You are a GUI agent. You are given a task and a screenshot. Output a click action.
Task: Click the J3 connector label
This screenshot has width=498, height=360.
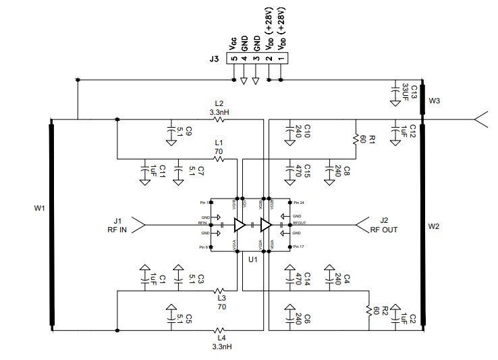pyautogui.click(x=215, y=59)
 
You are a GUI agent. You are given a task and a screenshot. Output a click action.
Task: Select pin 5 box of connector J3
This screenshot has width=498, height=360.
pyautogui.click(x=233, y=59)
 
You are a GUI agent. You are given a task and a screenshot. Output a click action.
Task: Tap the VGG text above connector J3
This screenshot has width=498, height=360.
pyautogui.click(x=233, y=46)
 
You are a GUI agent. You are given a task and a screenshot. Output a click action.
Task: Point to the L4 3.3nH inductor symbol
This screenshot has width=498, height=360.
pyautogui.click(x=219, y=331)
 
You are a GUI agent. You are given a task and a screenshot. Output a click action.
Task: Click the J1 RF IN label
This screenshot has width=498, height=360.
pyautogui.click(x=117, y=224)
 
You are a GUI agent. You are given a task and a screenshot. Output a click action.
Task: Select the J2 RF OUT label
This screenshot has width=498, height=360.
pyautogui.click(x=383, y=224)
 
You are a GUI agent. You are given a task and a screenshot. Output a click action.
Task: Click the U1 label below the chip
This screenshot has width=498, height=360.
pyautogui.click(x=253, y=259)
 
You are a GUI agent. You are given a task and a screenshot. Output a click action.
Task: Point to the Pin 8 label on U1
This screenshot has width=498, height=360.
pyautogui.click(x=204, y=248)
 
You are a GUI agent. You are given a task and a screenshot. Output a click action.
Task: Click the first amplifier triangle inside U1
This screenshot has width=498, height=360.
pyautogui.click(x=240, y=224)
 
